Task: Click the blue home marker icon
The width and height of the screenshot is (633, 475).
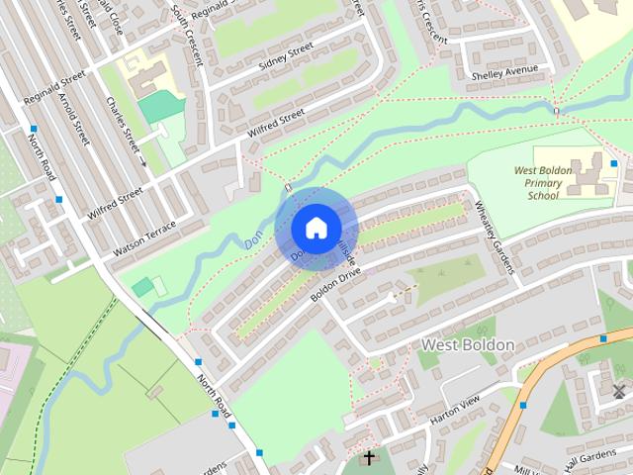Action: [315, 228]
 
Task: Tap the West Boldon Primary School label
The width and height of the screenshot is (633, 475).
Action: [543, 183]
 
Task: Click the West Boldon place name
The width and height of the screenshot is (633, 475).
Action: [468, 344]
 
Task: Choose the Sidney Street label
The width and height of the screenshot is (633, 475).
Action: [285, 57]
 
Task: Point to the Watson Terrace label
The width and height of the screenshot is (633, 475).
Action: [144, 238]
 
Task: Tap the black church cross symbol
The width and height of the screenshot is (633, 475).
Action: [369, 457]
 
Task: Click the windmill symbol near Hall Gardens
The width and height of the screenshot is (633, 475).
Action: [620, 390]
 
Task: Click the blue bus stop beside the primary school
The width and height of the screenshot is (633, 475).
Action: [614, 163]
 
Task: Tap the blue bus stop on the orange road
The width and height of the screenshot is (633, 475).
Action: [523, 404]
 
